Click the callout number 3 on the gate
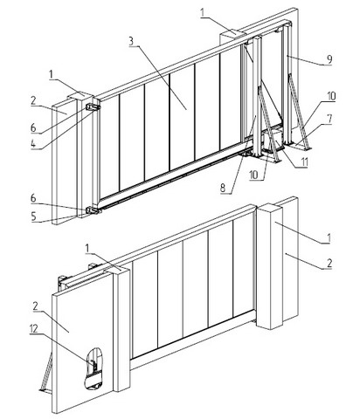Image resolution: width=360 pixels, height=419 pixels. (x=131, y=41)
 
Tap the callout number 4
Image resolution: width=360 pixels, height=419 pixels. (x=35, y=144)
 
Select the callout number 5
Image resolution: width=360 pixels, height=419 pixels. (x=34, y=216)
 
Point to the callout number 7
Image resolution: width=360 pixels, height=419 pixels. (x=329, y=119)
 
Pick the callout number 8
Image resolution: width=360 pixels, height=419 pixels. (x=223, y=188)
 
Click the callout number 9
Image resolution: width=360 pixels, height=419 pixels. (x=329, y=59)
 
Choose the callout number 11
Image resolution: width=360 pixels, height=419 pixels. (x=304, y=162)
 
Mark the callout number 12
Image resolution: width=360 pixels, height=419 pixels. (x=34, y=329)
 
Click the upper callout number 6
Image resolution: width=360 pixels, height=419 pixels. (x=34, y=127)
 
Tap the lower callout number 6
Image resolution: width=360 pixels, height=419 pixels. (x=34, y=198)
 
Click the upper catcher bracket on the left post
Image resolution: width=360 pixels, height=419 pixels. (x=93, y=107)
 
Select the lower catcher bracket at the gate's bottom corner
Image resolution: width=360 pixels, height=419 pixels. (x=93, y=210)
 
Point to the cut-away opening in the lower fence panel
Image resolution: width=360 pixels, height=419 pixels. (x=93, y=368)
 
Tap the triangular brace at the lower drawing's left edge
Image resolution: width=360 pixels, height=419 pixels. (x=45, y=373)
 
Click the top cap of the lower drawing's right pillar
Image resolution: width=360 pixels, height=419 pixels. (x=269, y=207)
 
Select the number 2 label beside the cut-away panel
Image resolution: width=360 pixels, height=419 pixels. (x=36, y=306)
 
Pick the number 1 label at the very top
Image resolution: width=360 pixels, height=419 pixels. (x=204, y=13)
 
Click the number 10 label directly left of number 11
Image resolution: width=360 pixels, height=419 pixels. (x=253, y=175)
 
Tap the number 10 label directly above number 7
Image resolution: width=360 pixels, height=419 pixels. (x=331, y=97)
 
